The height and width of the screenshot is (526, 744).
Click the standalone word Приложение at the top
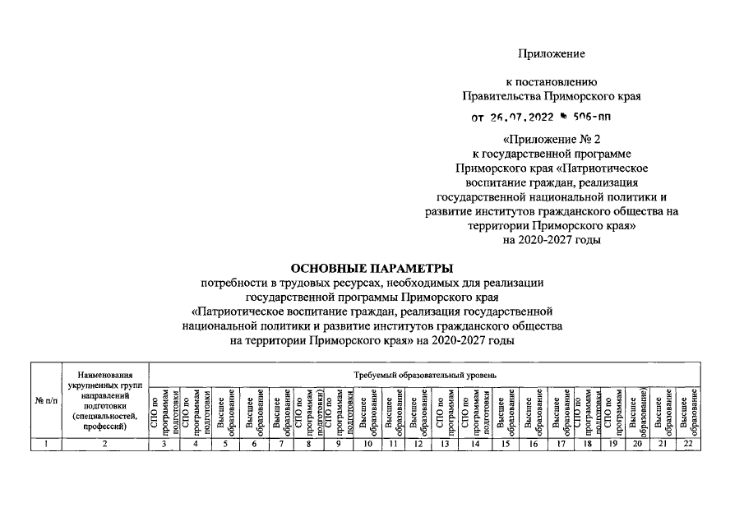[552, 53]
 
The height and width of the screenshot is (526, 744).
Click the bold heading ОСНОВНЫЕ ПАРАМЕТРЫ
[372, 268]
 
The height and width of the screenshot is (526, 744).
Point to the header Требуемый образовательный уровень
[424, 375]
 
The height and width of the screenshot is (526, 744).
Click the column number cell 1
[46, 444]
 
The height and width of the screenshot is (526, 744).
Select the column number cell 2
[104, 444]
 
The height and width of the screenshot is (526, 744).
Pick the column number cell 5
[225, 444]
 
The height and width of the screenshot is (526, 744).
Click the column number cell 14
[476, 444]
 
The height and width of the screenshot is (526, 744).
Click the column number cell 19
[611, 444]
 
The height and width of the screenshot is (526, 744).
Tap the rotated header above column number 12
[418, 409]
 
